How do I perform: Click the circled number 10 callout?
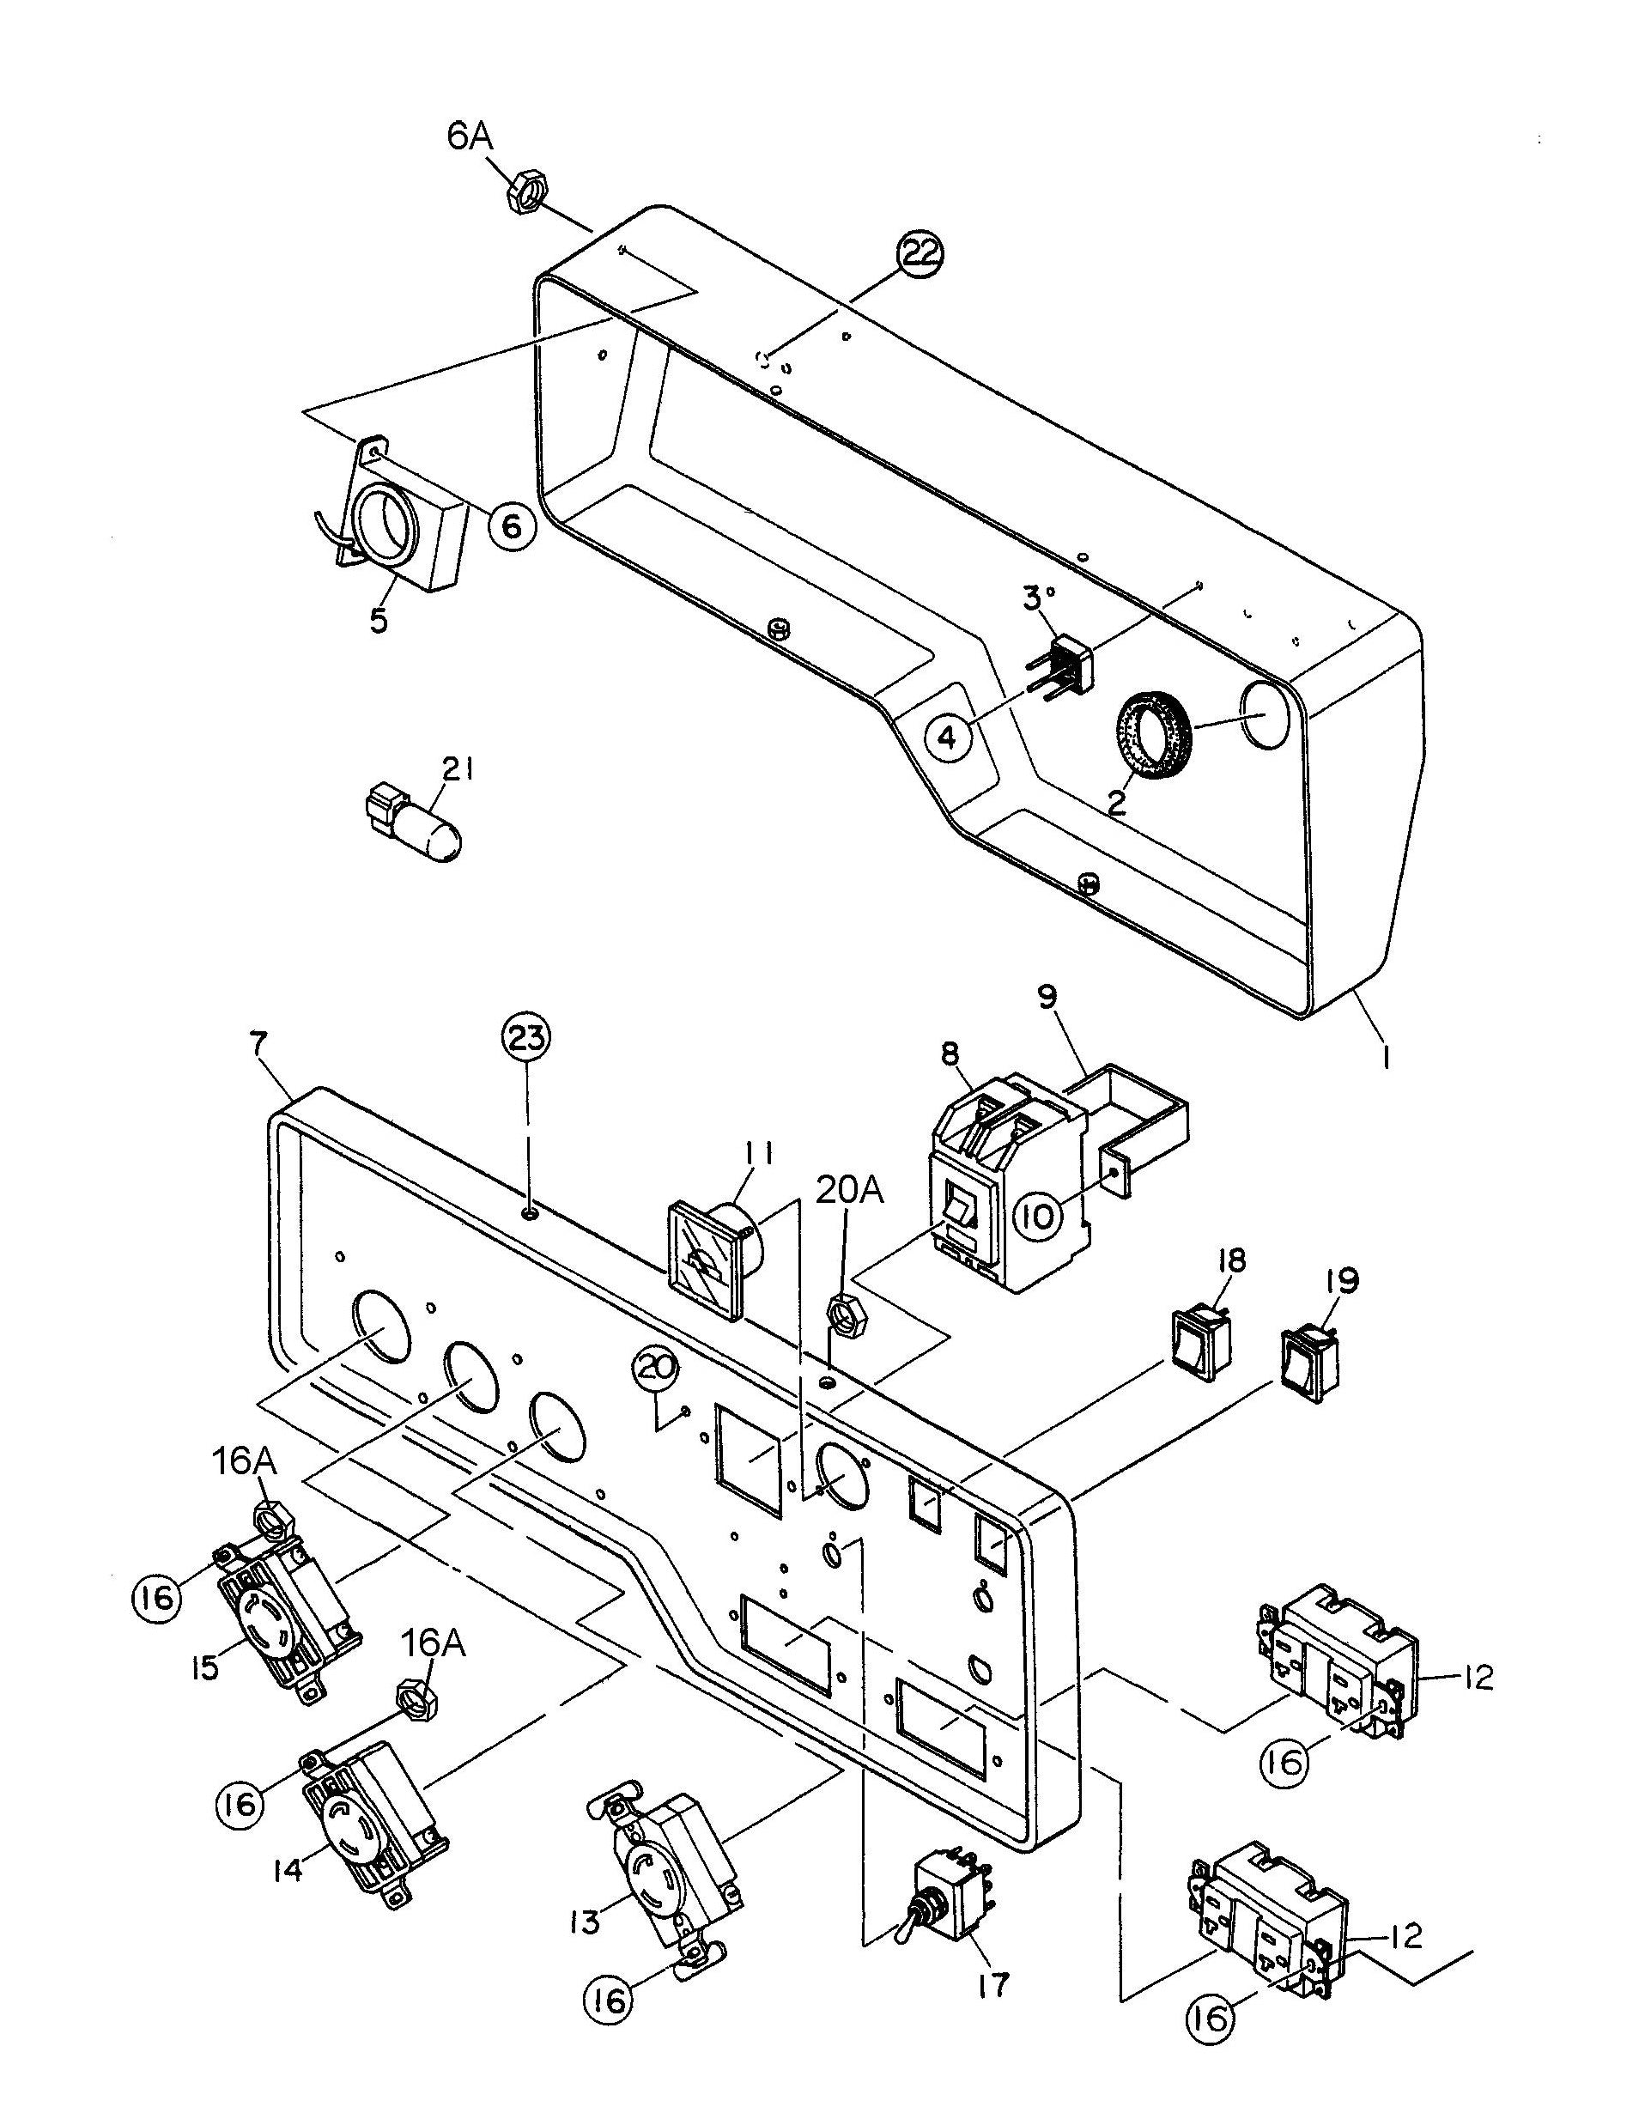click(x=1038, y=1216)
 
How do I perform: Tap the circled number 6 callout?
click(x=511, y=525)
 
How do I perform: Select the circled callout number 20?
click(x=657, y=1371)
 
